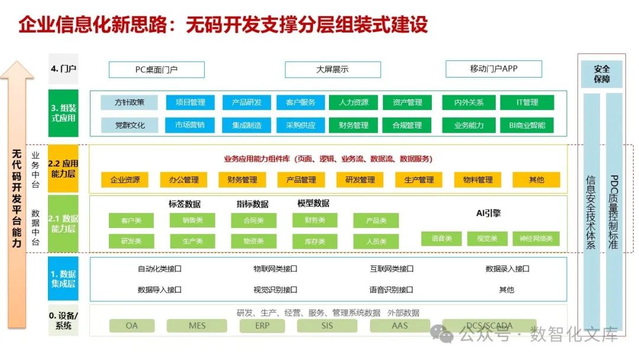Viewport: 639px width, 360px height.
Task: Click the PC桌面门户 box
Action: (x=156, y=70)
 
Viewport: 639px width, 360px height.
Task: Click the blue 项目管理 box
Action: (x=190, y=102)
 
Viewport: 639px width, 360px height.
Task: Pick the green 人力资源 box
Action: (x=354, y=102)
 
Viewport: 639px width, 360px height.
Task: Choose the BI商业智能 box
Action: (x=527, y=125)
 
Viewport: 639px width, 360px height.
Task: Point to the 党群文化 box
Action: (x=130, y=125)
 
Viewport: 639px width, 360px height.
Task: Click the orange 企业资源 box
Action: (x=125, y=180)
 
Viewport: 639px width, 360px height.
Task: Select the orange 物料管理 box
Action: (x=477, y=180)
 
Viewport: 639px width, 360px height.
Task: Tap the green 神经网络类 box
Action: (x=536, y=239)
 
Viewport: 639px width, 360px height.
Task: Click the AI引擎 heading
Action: (x=488, y=213)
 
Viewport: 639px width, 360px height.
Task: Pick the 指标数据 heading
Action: (x=252, y=204)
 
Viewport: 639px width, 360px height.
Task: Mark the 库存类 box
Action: (x=315, y=242)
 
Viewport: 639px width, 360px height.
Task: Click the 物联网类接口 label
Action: (x=275, y=269)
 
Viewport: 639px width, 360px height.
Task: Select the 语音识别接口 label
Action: (x=391, y=290)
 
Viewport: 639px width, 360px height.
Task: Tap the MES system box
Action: (x=197, y=326)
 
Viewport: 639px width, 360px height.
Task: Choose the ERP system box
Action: (x=262, y=326)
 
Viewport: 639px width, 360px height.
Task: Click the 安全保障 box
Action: (x=601, y=74)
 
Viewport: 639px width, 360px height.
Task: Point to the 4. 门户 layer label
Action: (x=63, y=69)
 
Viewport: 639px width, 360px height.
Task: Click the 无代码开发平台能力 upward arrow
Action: (x=17, y=195)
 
